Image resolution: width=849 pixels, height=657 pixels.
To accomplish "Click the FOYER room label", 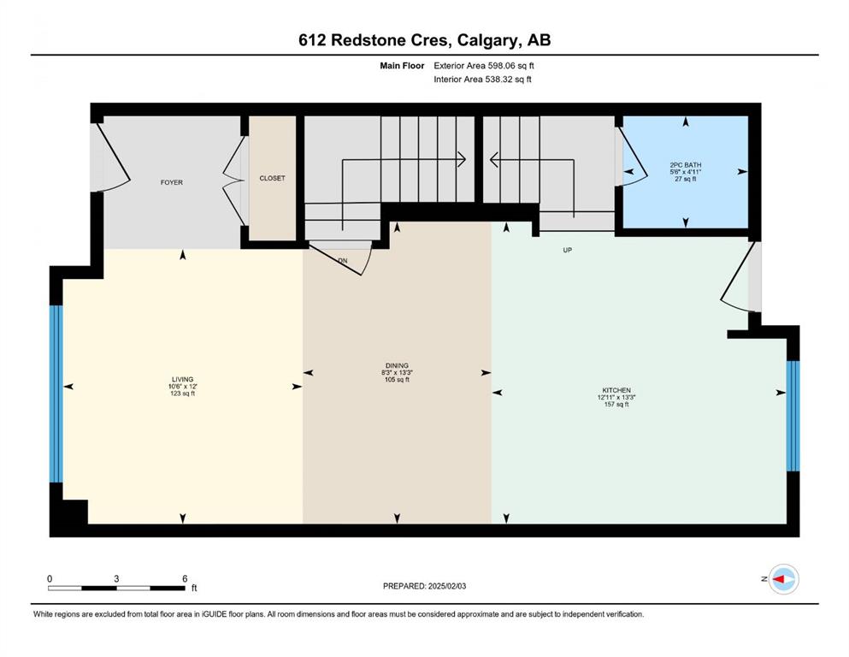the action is [172, 182].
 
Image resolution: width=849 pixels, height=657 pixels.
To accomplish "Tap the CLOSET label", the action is [272, 178].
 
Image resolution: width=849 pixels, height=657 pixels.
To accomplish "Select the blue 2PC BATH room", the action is [686, 172].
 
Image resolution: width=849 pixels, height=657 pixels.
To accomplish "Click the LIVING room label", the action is [182, 380].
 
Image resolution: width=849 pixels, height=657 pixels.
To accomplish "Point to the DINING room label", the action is [397, 365].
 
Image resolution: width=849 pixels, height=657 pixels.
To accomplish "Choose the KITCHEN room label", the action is [616, 390].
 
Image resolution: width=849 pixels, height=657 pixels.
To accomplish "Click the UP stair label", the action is [568, 251].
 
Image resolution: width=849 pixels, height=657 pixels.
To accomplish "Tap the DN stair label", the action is [343, 261].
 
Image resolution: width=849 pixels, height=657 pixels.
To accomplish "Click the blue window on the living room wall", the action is [56, 394].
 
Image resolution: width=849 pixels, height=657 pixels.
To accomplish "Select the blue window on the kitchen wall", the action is [793, 416].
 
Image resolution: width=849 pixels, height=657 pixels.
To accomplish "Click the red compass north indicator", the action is [778, 579].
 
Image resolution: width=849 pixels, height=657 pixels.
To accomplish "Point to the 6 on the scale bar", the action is [185, 578].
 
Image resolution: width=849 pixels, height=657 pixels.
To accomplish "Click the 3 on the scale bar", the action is [116, 578].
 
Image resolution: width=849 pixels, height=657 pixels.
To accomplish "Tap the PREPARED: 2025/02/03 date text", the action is [424, 586].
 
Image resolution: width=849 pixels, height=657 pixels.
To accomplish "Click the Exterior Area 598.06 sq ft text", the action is [484, 66].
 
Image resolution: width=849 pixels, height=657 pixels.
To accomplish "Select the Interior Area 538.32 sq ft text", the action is [482, 79].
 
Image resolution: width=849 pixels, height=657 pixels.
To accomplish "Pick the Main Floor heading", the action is [402, 66].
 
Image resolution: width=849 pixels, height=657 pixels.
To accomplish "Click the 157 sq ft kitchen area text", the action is [616, 404].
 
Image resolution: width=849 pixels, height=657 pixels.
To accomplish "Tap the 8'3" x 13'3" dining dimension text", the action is [397, 373].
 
